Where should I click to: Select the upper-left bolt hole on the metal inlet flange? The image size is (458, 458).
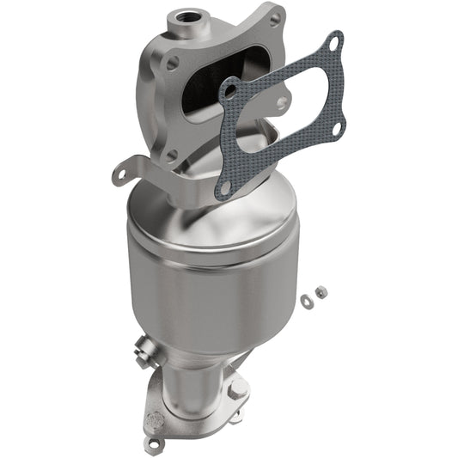[173, 63]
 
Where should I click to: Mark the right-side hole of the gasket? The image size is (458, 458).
[336, 128]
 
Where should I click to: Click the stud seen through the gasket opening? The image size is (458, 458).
[282, 102]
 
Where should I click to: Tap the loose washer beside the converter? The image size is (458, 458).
[306, 300]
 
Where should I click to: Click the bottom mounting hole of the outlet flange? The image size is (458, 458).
[156, 443]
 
